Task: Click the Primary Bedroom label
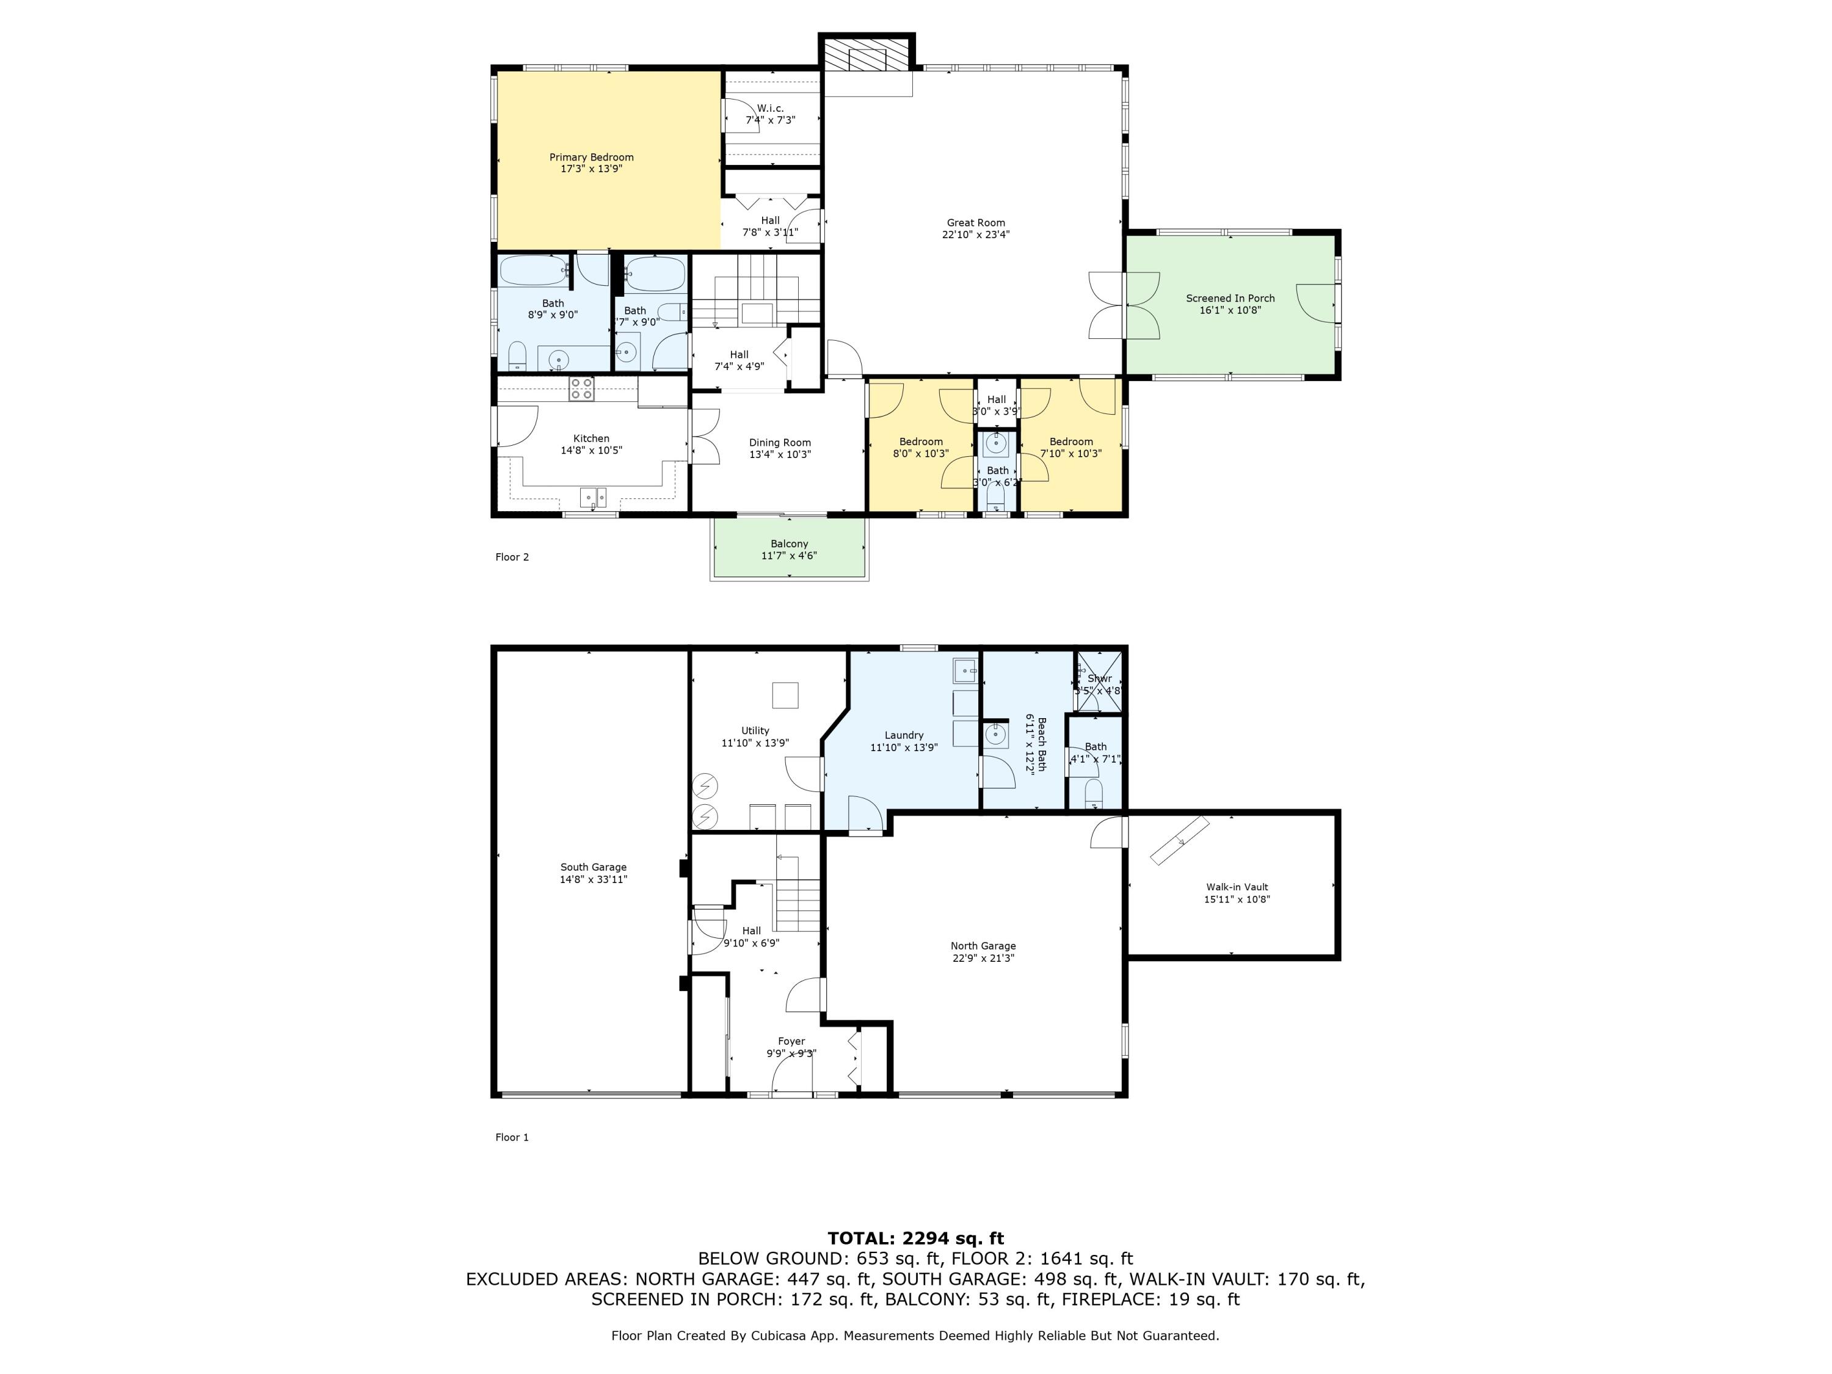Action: pos(591,158)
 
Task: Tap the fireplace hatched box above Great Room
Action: pos(867,59)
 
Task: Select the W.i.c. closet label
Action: pos(769,109)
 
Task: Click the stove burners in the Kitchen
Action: pos(581,388)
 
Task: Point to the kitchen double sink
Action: pos(592,497)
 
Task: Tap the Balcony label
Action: pos(788,544)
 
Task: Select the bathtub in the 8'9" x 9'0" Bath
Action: pos(533,271)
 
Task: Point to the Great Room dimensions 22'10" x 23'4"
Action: pos(976,234)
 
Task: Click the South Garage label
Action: pos(593,867)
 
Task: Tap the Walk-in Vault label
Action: pos(1237,887)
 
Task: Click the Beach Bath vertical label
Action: pos(1042,744)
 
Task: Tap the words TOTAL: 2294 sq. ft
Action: pos(915,1238)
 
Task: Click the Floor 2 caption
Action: pos(512,558)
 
